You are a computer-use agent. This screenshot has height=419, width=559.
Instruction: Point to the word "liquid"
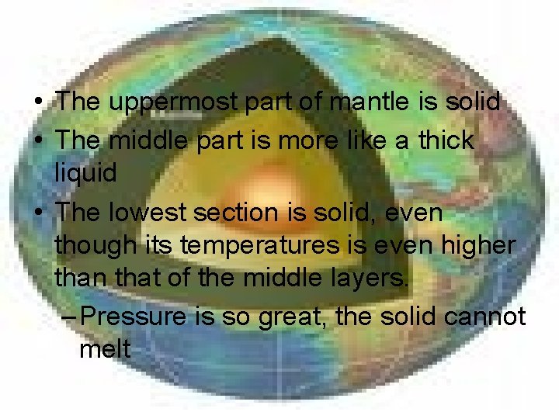(x=86, y=174)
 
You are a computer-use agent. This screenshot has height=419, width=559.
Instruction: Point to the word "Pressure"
(x=133, y=316)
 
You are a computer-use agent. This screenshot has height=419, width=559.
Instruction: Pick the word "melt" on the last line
(x=105, y=349)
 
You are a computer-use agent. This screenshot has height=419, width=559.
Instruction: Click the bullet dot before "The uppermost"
(x=39, y=102)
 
